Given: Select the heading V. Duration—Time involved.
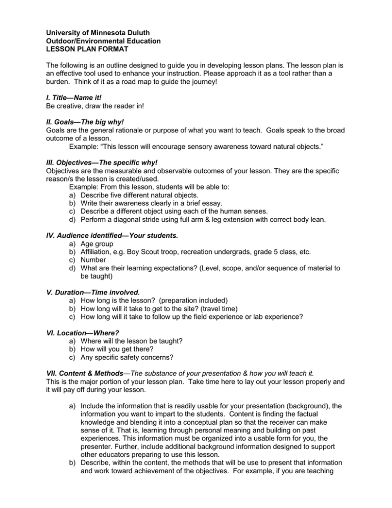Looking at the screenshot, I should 96,296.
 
